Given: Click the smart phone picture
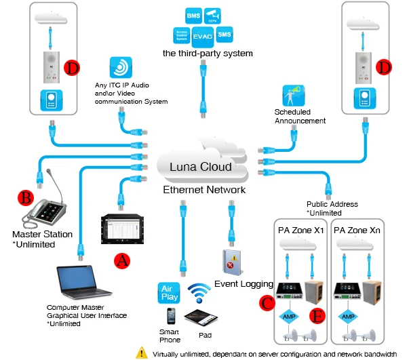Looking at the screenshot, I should (172, 317).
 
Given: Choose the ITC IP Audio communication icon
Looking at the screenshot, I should (120, 70).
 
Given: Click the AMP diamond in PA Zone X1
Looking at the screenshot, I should (288, 316).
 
